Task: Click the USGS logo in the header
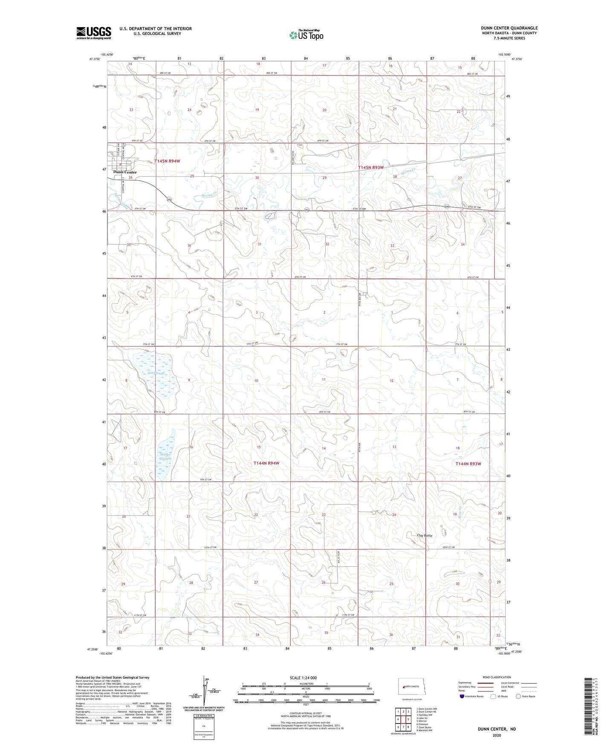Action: click(94, 33)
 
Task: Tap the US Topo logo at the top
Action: click(306, 35)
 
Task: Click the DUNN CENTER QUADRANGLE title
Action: click(509, 28)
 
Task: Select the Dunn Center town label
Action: click(125, 172)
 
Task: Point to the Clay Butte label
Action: click(425, 535)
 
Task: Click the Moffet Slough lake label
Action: click(165, 457)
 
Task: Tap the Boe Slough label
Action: click(156, 373)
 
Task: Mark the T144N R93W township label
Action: click(468, 464)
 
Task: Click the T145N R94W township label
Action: click(167, 161)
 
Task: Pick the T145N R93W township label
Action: click(371, 167)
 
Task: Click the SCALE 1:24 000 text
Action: click(303, 678)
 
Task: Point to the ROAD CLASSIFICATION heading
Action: click(497, 677)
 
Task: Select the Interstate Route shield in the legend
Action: click(462, 696)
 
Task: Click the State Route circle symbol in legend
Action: click(518, 696)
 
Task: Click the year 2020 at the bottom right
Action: click(497, 735)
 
